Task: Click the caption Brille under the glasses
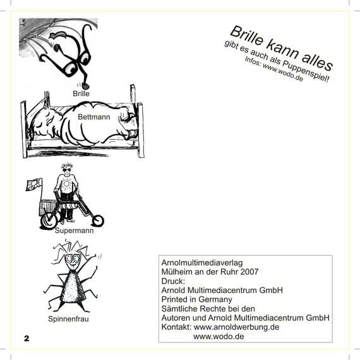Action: [x=81, y=93]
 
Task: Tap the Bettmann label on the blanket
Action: [x=94, y=117]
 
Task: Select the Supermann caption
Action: [x=74, y=231]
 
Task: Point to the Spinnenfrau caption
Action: [x=68, y=319]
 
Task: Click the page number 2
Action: [x=27, y=339]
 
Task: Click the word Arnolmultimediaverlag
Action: [x=202, y=263]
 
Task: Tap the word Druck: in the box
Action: [x=173, y=281]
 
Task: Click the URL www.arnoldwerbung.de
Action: [x=236, y=327]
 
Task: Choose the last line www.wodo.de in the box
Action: [x=219, y=337]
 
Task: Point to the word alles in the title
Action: [x=317, y=61]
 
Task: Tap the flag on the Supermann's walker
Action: [x=33, y=184]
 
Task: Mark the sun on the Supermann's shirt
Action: [x=66, y=183]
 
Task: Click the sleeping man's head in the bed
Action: [x=44, y=123]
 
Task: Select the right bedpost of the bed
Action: [x=140, y=130]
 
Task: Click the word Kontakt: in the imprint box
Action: [x=176, y=327]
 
